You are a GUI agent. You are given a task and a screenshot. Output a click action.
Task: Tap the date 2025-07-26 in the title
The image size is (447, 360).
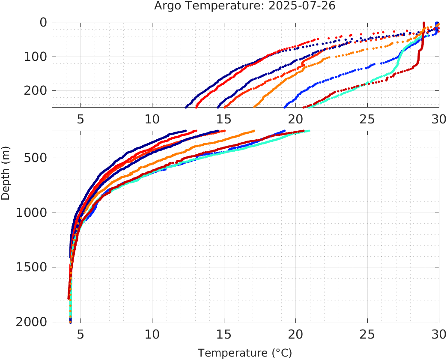coord(302,6)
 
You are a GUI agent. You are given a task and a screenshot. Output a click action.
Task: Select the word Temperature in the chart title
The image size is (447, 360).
coord(213,6)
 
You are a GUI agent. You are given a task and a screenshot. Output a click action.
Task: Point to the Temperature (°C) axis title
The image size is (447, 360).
coord(245,353)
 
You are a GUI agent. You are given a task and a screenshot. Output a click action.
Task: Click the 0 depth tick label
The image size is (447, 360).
coord(43,23)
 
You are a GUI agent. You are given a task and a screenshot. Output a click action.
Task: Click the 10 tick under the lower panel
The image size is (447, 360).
coord(152,334)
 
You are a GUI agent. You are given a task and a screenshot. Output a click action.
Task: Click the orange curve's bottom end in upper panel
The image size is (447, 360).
coord(255,106)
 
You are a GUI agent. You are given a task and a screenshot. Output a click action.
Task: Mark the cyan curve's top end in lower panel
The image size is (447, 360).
coord(308,131)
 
